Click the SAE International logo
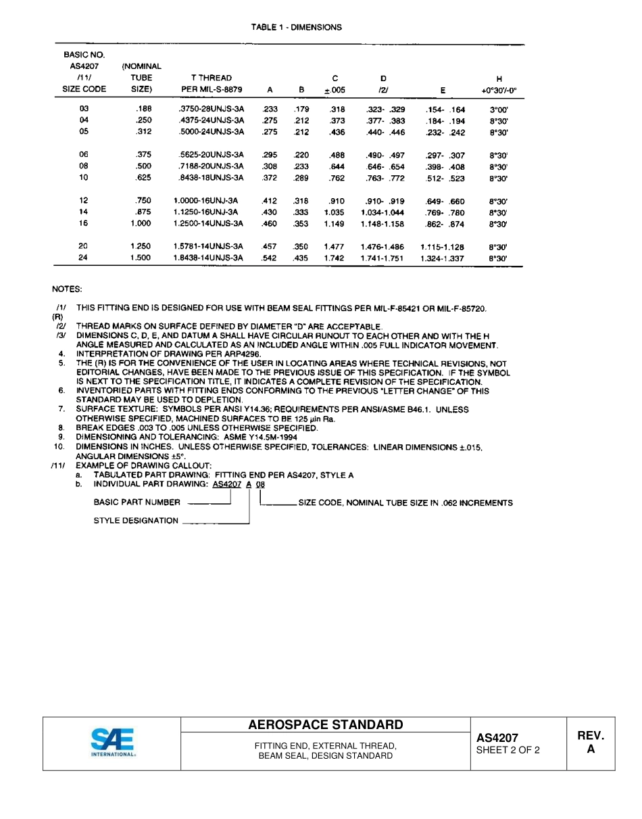(113, 743)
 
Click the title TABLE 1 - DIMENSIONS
(296, 28)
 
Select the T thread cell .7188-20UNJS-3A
(210, 166)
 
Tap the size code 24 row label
(83, 258)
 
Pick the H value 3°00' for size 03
(498, 109)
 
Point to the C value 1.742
(334, 258)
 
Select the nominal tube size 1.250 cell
(141, 247)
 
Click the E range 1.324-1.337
(442, 258)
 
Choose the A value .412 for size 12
(269, 201)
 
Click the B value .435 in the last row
(301, 258)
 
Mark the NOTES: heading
(67, 289)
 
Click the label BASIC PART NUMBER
(137, 502)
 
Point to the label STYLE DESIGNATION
(136, 521)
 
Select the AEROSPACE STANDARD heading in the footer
(325, 725)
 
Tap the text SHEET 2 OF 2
(508, 750)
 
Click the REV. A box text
(590, 742)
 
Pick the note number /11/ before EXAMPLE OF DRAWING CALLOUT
(58, 466)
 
